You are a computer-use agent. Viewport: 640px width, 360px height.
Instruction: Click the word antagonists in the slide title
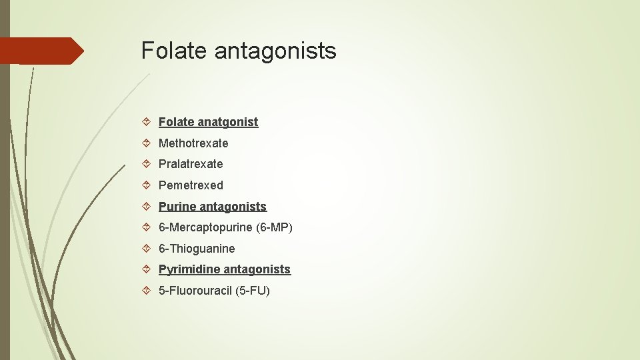(275, 51)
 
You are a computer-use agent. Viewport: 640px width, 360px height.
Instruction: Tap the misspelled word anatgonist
(227, 122)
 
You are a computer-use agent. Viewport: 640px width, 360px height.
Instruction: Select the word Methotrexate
(193, 143)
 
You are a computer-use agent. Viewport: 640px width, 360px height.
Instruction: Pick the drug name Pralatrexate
(191, 164)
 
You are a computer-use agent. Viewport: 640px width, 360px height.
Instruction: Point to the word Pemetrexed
(191, 185)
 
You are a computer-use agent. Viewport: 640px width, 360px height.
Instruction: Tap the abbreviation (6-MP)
(275, 228)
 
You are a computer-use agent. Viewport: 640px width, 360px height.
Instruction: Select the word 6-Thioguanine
(197, 249)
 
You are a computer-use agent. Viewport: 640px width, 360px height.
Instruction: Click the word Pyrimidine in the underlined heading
(189, 270)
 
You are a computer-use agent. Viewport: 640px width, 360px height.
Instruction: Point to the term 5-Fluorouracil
(195, 291)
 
